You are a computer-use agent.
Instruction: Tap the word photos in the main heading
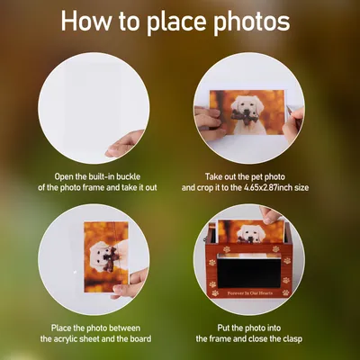[x=251, y=22]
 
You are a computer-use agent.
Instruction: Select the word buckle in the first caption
[x=128, y=176]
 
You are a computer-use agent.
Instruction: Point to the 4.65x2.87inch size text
[x=276, y=188]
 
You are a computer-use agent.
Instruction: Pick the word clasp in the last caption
[x=292, y=339]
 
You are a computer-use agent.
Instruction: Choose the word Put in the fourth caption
[x=224, y=328]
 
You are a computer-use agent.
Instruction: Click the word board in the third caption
[x=140, y=339]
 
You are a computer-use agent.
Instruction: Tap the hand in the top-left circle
[x=124, y=143]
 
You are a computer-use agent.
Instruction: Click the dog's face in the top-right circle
[x=247, y=106]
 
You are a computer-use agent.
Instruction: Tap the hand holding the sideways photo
[x=130, y=283]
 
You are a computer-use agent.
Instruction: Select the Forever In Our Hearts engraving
[x=250, y=292]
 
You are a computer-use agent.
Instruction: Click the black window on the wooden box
[x=247, y=273]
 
